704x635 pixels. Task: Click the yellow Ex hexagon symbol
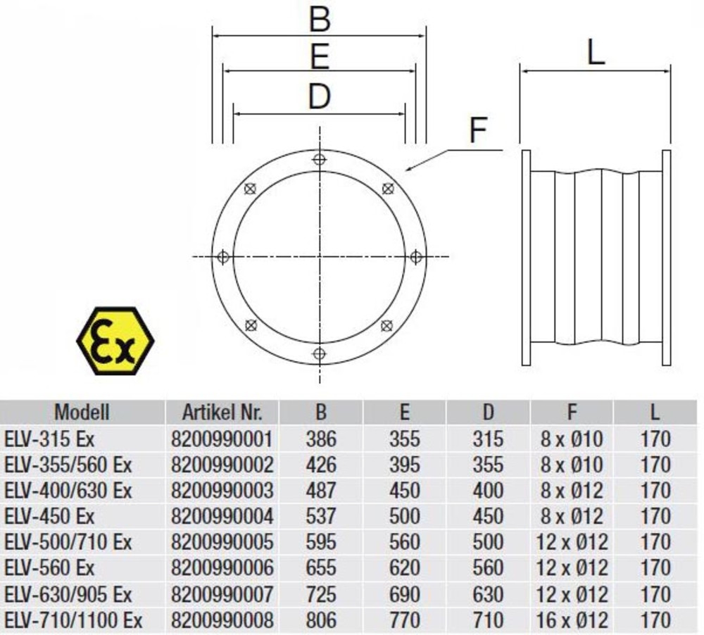[115, 341]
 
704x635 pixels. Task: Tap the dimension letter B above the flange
[320, 19]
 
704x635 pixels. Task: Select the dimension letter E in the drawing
[320, 56]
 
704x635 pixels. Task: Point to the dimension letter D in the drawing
[319, 96]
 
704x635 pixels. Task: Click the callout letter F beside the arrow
[478, 130]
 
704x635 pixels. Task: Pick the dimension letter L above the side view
[596, 54]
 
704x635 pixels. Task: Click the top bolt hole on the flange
[319, 159]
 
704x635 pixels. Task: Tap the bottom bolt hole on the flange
[319, 354]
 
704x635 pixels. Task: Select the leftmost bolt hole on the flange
[222, 258]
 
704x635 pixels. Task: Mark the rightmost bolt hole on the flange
[416, 257]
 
